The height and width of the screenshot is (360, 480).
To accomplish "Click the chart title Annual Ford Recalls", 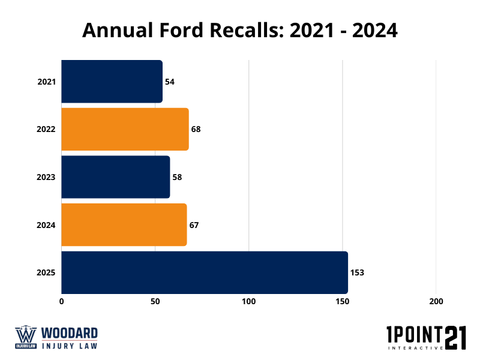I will [240, 31].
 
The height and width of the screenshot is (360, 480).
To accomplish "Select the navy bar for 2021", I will [112, 81].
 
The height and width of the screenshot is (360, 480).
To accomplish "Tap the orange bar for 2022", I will [125, 129].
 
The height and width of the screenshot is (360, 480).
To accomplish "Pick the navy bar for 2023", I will [115, 177].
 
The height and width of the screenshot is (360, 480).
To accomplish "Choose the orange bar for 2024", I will [124, 225].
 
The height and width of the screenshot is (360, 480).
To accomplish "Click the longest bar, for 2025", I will [204, 272].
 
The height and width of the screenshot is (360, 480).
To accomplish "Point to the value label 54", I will [170, 81].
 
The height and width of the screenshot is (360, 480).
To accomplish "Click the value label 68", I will [196, 129].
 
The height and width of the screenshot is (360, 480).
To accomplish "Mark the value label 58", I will [177, 177].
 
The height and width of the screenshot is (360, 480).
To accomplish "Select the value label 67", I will [194, 225].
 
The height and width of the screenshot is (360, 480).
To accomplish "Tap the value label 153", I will [357, 272].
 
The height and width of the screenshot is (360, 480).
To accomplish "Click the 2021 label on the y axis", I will [46, 81].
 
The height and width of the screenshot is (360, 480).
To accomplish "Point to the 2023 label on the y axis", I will [46, 177].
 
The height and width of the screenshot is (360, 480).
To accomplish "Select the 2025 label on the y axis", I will [46, 272].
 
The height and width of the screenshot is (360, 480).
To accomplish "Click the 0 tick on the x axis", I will [62, 301].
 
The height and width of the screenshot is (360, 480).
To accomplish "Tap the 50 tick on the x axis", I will [155, 301].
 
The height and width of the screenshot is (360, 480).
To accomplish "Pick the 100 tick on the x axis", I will [249, 301].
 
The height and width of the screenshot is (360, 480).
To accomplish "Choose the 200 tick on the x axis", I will [436, 301].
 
